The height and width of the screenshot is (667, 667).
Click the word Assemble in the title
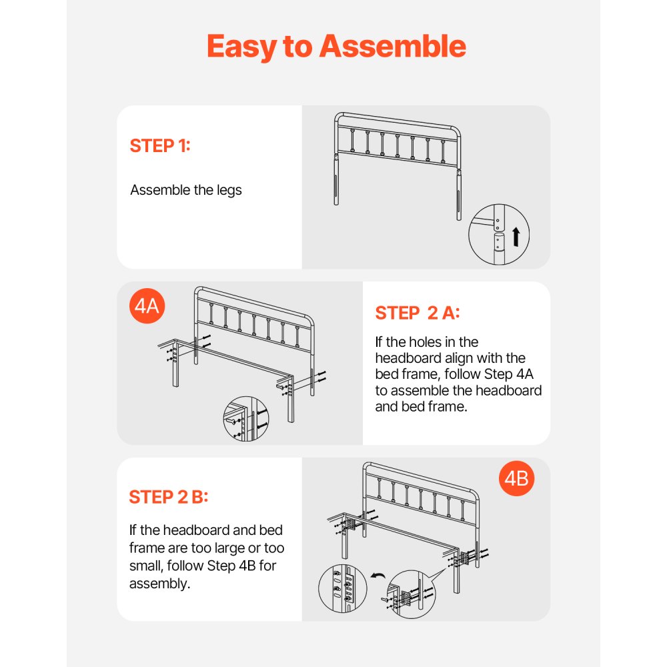point(392,47)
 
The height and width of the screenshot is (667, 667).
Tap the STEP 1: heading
point(160,146)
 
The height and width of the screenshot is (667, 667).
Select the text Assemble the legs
point(186,190)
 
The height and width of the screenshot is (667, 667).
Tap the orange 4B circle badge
point(516,478)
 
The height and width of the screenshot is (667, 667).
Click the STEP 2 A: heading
point(418,313)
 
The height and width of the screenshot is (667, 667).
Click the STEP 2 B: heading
point(169,497)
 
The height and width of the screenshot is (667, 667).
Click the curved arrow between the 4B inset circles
point(378,576)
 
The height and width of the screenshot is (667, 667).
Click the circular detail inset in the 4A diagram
point(245,420)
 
